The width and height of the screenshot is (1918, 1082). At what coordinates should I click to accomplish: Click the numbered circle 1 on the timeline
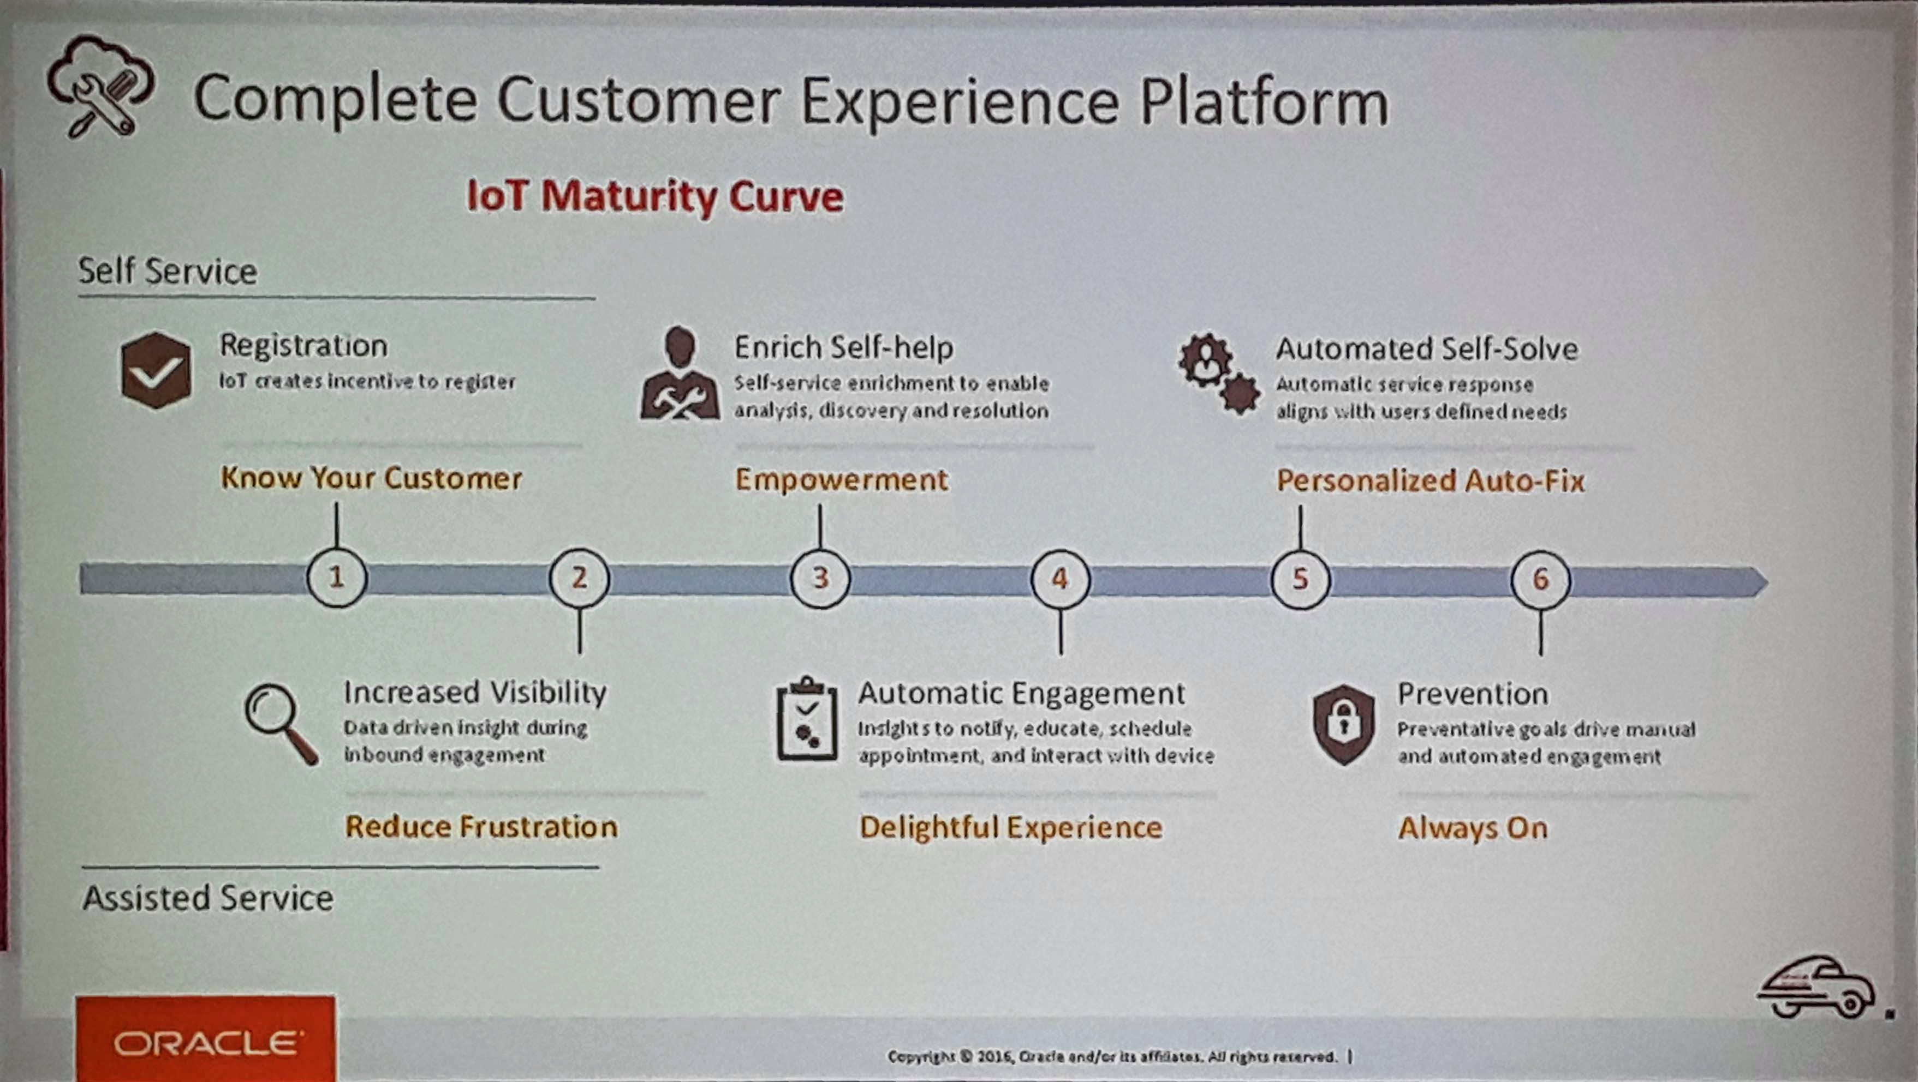tap(337, 578)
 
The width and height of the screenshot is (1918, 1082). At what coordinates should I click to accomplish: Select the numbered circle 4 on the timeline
tap(1061, 579)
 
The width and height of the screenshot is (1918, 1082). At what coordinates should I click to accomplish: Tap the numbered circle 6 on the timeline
tap(1540, 580)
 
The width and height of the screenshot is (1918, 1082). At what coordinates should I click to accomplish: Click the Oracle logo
tap(205, 1039)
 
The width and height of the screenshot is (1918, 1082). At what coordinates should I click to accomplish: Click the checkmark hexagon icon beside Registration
tap(156, 370)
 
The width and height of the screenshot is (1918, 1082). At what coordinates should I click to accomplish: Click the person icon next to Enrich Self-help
tap(680, 373)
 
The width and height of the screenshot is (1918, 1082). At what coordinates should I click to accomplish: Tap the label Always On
tap(1473, 827)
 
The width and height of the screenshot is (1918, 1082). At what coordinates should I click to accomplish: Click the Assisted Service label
tap(208, 898)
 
